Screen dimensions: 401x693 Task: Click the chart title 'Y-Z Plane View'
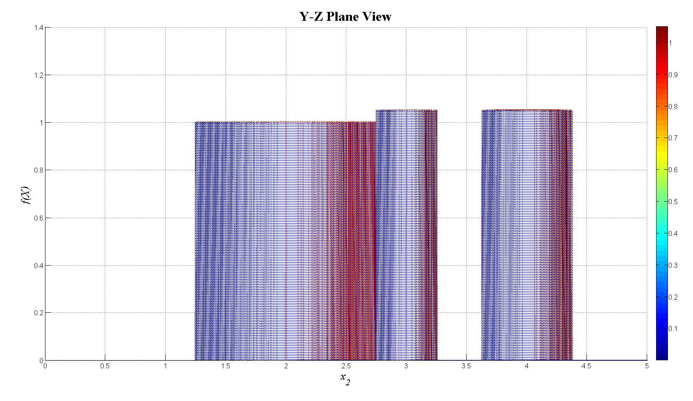(345, 17)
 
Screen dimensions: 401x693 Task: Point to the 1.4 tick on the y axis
(38, 28)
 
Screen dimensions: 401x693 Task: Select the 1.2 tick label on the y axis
(38, 75)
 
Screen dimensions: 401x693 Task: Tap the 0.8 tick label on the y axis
(38, 170)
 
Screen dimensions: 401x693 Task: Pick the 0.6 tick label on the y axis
(38, 218)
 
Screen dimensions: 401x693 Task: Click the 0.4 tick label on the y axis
(38, 266)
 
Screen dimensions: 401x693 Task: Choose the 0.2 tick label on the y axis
(38, 313)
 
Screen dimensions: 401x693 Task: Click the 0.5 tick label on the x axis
(105, 366)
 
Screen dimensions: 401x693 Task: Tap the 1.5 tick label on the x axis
(225, 366)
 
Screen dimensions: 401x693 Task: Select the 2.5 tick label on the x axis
(346, 366)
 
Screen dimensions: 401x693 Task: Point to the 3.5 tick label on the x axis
(466, 366)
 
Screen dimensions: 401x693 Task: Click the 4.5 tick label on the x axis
(586, 366)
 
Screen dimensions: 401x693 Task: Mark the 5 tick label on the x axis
(647, 366)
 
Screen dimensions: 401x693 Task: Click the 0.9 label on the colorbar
(673, 75)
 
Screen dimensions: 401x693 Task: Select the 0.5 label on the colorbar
(673, 202)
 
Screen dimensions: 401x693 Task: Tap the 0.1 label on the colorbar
(673, 328)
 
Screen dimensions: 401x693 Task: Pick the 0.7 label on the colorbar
(673, 138)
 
